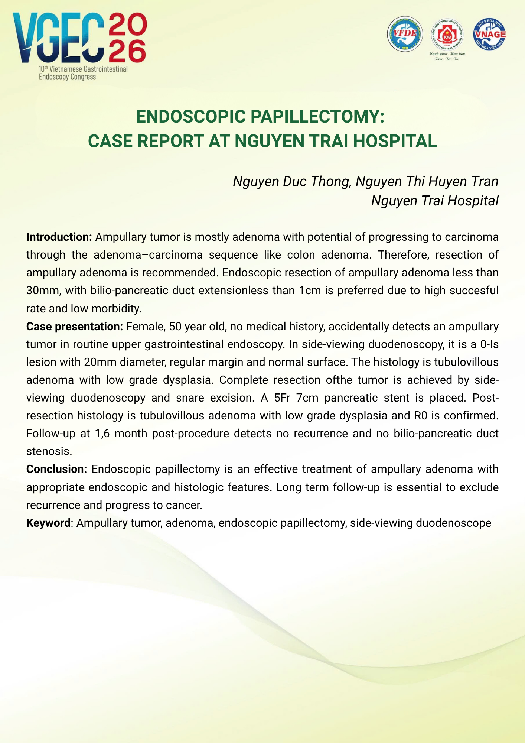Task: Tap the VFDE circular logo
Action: tap(405, 34)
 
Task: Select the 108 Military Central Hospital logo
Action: tap(447, 36)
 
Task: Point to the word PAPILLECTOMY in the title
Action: tap(317, 117)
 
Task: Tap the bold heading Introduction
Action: tap(59, 237)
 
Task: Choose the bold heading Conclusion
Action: tap(56, 469)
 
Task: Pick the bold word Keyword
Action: tap(48, 523)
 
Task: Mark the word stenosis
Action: tap(49, 452)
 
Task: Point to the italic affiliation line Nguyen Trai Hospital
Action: tap(435, 201)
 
